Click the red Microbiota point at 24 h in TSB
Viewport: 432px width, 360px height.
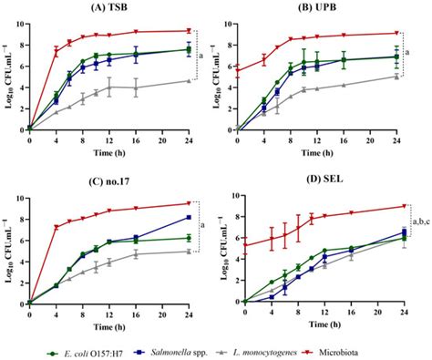189,30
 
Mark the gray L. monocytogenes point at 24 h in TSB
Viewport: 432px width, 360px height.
189,80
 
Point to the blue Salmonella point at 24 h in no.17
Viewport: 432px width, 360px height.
189,217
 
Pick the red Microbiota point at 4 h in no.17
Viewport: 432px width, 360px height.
57,227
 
